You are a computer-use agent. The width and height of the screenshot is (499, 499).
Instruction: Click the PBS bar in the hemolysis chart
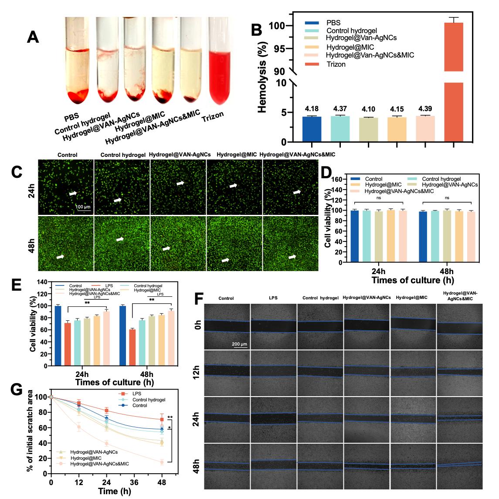coord(312,129)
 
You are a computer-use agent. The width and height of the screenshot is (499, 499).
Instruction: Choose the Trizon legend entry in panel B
coord(336,64)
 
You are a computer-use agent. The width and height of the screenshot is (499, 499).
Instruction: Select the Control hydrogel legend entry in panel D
coord(441,179)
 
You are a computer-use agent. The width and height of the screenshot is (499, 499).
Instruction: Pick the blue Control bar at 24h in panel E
coord(58,336)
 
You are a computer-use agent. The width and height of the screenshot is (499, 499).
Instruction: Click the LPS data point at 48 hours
coord(162,420)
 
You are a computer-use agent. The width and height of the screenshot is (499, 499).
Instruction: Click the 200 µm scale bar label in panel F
coord(239,344)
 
